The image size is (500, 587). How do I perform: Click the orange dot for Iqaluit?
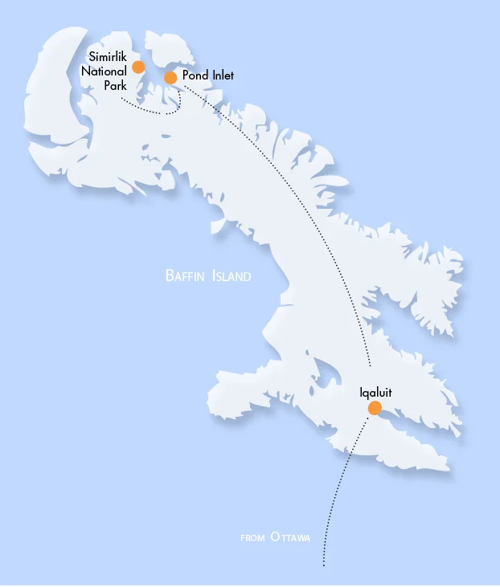tap(374, 408)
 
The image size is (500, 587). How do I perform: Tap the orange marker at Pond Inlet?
tap(170, 77)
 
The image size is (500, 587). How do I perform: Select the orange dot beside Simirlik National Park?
tap(138, 67)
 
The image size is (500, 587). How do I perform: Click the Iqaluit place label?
tap(375, 393)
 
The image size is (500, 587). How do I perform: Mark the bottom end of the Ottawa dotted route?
tap(323, 565)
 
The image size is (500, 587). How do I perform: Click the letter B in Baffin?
tap(169, 276)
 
